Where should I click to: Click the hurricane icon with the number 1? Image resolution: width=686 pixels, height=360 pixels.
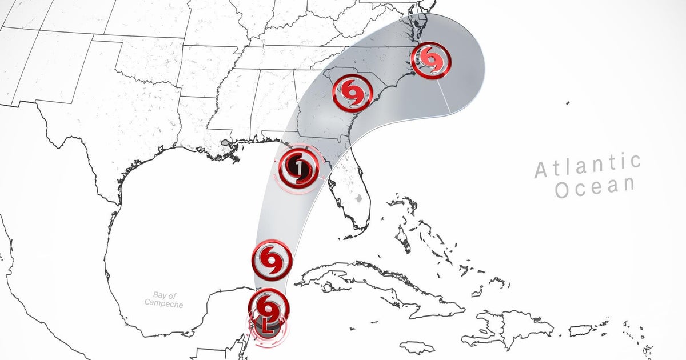(x=298, y=167)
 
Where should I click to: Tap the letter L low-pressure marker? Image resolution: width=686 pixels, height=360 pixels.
(x=268, y=327)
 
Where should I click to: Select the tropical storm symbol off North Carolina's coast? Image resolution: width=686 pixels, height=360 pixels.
(x=431, y=59)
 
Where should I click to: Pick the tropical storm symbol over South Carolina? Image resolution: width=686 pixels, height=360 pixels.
(x=353, y=93)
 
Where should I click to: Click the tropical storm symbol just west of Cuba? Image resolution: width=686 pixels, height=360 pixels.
(x=272, y=260)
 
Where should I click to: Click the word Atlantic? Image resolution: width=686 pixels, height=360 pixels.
(x=588, y=166)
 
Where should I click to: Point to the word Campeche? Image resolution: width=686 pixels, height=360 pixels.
(x=163, y=304)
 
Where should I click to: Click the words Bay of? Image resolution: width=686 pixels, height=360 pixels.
(x=164, y=295)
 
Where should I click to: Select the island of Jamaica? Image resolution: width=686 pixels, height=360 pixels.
(x=417, y=347)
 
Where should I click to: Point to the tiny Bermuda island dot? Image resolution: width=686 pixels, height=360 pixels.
(x=567, y=103)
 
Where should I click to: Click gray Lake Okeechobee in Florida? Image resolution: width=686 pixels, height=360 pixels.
(x=358, y=199)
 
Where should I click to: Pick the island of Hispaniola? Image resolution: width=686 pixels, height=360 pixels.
(x=509, y=329)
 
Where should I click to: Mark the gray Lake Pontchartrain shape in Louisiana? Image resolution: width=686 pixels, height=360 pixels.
(x=226, y=142)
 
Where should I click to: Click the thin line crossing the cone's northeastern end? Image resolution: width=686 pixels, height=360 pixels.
(x=446, y=95)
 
